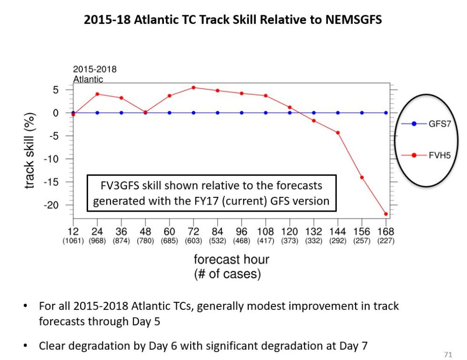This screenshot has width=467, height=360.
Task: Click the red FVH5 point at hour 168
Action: pyautogui.click(x=386, y=214)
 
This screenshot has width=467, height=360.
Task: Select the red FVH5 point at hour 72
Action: pyautogui.click(x=193, y=88)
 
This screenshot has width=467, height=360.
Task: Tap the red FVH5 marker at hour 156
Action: pyautogui.click(x=362, y=177)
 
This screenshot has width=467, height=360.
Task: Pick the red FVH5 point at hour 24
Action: pyautogui.click(x=97, y=94)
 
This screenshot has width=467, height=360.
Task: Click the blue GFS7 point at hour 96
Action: pyautogui.click(x=242, y=113)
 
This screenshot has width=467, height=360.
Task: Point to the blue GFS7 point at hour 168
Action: pyautogui.click(x=386, y=113)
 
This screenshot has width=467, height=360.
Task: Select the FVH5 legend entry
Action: pyautogui.click(x=426, y=155)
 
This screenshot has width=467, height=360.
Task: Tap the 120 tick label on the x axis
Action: pyautogui.click(x=289, y=232)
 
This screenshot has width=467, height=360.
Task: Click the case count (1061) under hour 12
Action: pyautogui.click(x=73, y=241)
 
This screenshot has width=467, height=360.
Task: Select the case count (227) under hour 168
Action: pyautogui.click(x=386, y=241)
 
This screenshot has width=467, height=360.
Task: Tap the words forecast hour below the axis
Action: pyautogui.click(x=231, y=259)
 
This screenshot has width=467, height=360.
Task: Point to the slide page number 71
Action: pyautogui.click(x=447, y=354)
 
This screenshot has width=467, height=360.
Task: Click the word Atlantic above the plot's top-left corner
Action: pyautogui.click(x=88, y=80)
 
